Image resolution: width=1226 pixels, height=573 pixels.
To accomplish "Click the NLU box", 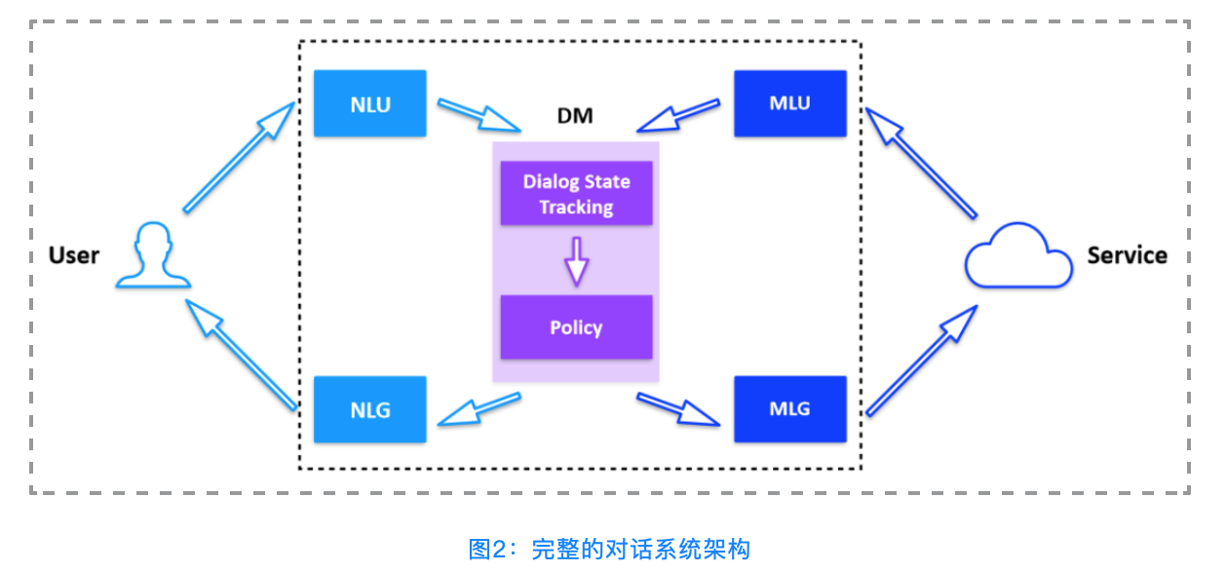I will point(369,103).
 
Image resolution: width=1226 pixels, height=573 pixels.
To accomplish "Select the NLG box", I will point(369,409).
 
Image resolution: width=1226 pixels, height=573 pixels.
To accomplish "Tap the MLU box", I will point(789,103).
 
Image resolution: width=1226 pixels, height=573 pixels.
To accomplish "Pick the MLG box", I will point(789,409).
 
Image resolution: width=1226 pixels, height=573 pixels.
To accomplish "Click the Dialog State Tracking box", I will point(576,194).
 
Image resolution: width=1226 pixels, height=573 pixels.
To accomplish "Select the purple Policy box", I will point(576,327).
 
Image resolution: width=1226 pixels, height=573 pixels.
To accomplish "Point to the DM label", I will point(575,117).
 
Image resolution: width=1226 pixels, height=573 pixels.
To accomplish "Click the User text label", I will point(74,255).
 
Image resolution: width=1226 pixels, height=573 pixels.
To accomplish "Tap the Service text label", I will point(1127,255).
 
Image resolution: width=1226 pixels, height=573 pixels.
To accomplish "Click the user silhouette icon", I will point(152,256).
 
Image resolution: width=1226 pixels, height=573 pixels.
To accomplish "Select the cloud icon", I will point(1017,257).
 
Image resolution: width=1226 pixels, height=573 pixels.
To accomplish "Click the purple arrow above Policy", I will point(576,259).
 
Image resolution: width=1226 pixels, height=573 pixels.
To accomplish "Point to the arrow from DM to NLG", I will point(478,409).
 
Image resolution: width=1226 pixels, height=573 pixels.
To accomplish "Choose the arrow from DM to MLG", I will point(678,409).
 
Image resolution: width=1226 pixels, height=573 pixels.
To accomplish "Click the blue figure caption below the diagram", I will point(609,550).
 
